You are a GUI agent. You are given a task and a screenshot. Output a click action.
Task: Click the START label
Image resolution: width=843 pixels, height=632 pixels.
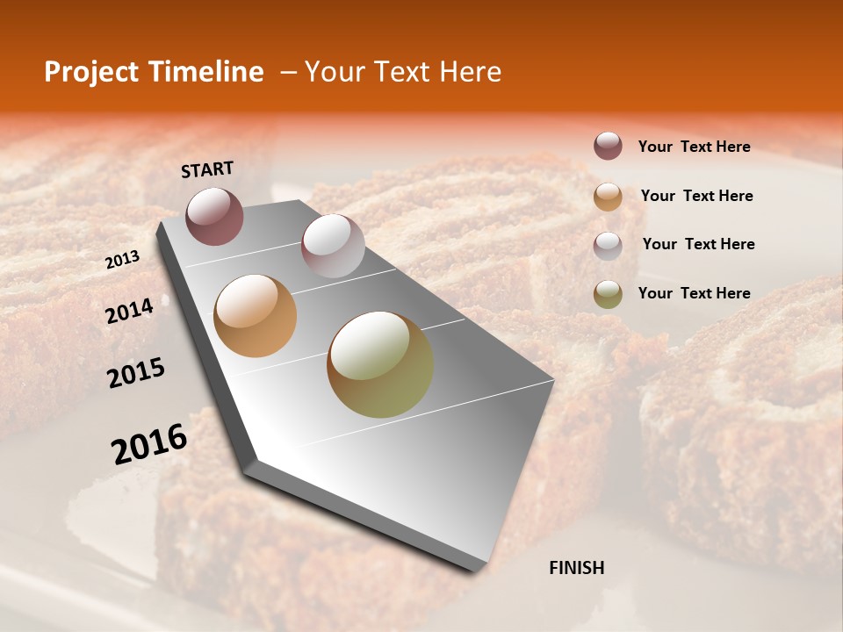pyautogui.click(x=207, y=169)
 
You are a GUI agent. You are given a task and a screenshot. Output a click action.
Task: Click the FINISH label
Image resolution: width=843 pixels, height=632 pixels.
pyautogui.click(x=576, y=568)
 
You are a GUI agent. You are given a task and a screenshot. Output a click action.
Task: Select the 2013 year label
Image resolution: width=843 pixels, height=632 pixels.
pyautogui.click(x=122, y=259)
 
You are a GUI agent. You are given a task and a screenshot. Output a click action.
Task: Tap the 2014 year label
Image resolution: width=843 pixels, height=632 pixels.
pyautogui.click(x=129, y=311)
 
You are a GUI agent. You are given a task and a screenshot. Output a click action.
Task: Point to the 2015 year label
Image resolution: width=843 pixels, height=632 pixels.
pyautogui.click(x=136, y=373)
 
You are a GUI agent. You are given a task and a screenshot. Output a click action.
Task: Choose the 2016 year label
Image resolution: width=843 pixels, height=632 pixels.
pyautogui.click(x=149, y=444)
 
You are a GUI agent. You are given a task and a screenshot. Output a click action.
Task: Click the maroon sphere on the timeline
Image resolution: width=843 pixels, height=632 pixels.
pyautogui.click(x=215, y=216)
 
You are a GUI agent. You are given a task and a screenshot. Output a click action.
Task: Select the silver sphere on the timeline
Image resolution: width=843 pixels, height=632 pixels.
pyautogui.click(x=333, y=246)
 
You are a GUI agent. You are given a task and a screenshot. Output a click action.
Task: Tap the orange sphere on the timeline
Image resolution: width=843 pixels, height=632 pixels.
pyautogui.click(x=256, y=316)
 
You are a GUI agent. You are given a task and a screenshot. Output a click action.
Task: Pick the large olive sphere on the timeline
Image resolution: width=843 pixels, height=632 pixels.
pyautogui.click(x=380, y=364)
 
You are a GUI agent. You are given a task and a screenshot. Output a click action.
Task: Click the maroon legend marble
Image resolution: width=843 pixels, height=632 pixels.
pyautogui.click(x=608, y=146)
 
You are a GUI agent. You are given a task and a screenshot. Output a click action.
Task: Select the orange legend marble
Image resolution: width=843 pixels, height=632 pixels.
pyautogui.click(x=608, y=196)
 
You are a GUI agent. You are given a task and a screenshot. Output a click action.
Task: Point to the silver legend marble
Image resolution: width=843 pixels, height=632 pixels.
pyautogui.click(x=608, y=245)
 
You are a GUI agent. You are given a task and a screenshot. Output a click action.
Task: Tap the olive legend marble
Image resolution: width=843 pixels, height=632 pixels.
pyautogui.click(x=608, y=294)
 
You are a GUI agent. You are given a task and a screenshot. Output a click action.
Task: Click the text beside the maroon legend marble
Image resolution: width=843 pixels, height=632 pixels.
pyautogui.click(x=694, y=147)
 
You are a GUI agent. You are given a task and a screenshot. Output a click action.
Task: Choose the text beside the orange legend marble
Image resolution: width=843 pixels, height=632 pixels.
pyautogui.click(x=696, y=196)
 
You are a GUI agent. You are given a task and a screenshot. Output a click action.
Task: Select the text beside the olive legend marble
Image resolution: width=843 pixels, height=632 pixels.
pyautogui.click(x=694, y=293)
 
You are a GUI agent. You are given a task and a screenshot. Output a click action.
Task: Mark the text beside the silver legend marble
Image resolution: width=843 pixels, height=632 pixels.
pyautogui.click(x=698, y=244)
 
